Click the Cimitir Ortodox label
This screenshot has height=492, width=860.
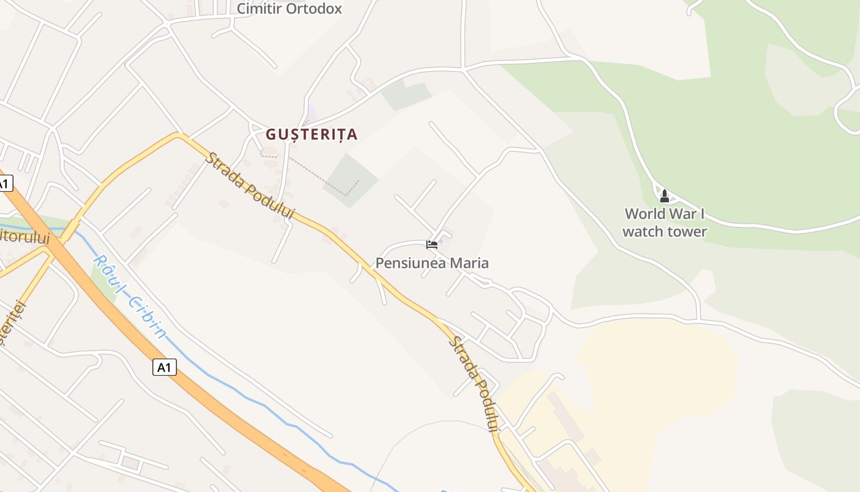tap(289, 9)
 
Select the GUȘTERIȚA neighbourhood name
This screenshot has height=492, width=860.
tap(311, 134)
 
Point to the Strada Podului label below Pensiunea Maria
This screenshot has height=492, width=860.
tap(474, 384)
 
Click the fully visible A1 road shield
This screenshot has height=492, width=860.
tap(164, 367)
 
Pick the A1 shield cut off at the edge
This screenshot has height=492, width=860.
tap(5, 183)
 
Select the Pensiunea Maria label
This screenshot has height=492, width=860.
tap(432, 263)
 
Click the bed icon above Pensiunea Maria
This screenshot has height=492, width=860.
tap(432, 244)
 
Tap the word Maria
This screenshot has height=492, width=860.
tap(469, 263)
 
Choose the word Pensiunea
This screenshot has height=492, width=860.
tap(410, 263)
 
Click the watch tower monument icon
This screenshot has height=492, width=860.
tap(664, 196)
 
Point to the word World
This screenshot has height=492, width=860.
tap(645, 214)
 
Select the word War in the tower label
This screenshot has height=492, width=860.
tap(684, 214)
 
